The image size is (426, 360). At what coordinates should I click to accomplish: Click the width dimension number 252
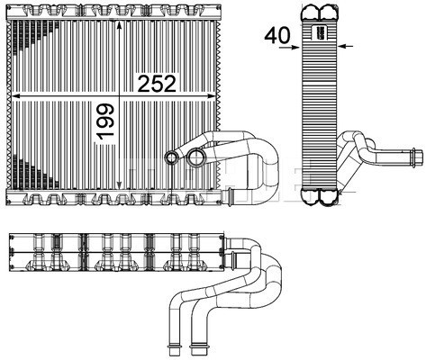coord(156,83)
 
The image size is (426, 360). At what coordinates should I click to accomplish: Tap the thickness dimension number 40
coord(276,36)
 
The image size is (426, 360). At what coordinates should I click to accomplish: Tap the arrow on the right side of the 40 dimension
coord(346,44)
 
